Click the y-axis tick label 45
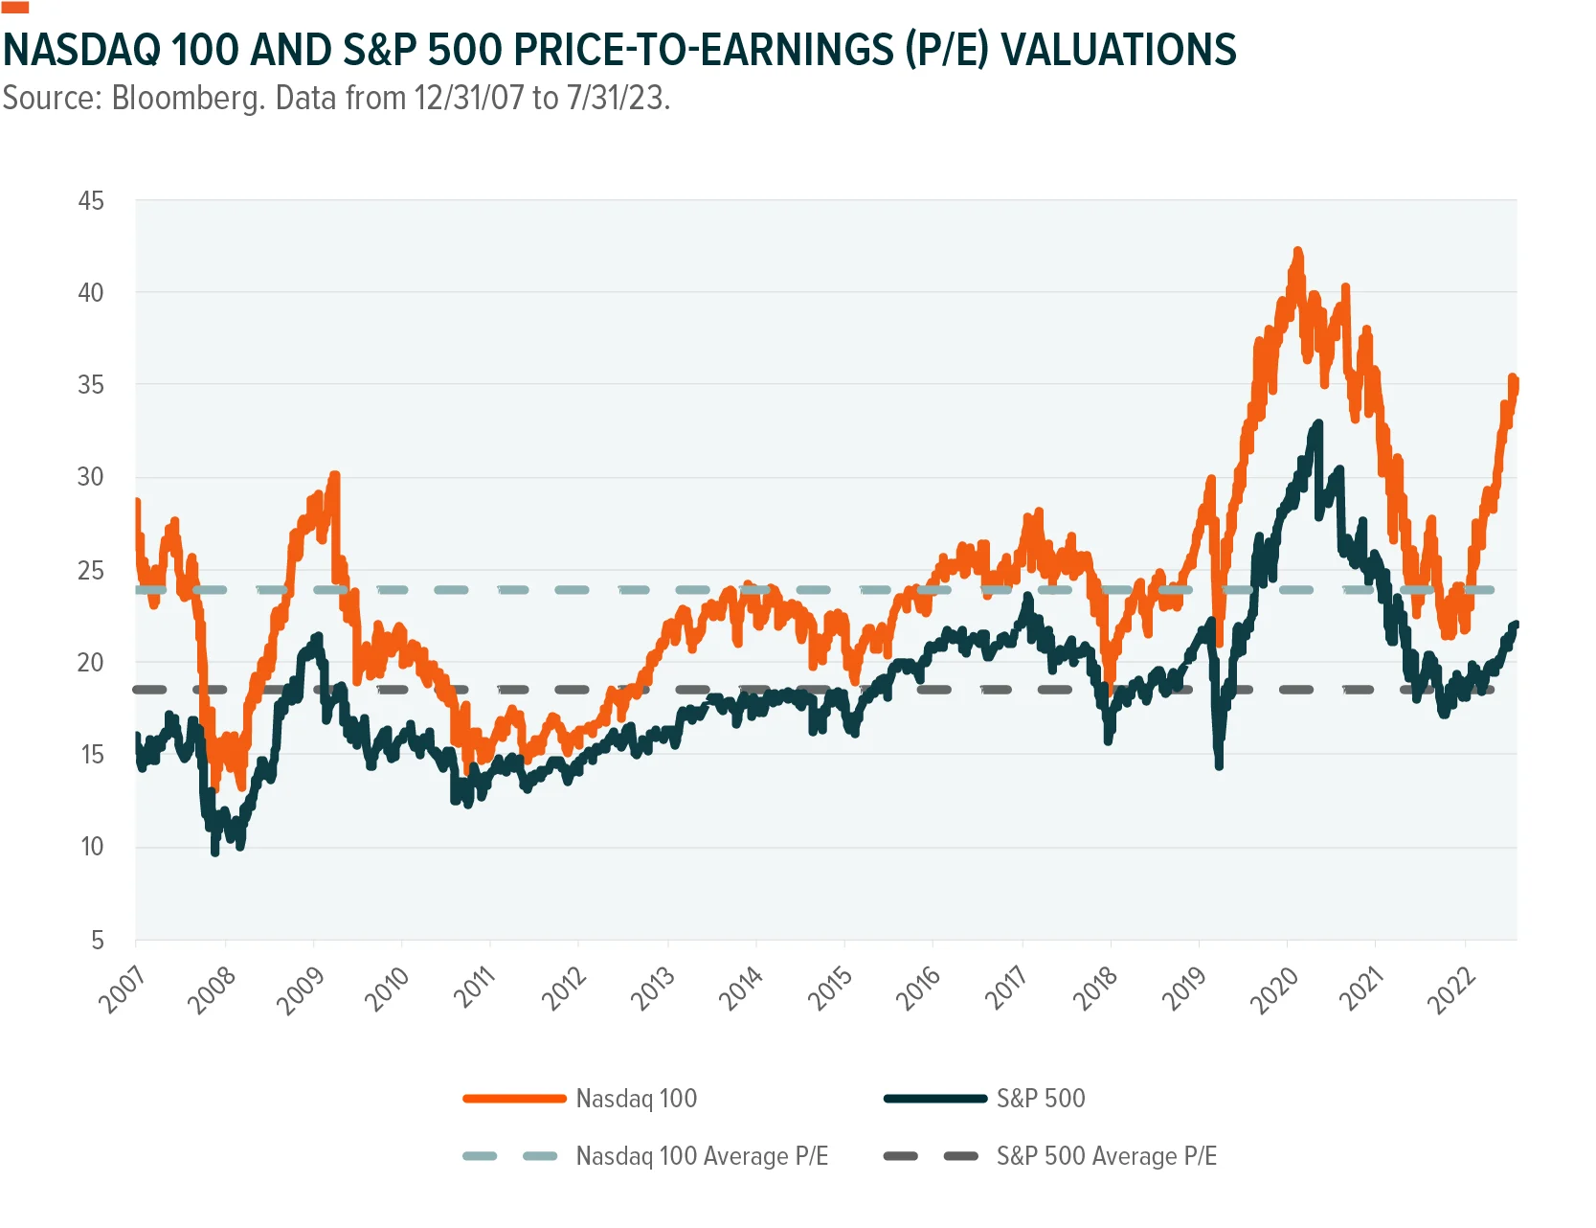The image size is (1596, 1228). pyautogui.click(x=91, y=201)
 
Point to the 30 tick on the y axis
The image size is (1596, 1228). pyautogui.click(x=91, y=477)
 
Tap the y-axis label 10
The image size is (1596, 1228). pyautogui.click(x=92, y=847)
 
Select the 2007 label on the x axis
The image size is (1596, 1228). pyautogui.click(x=122, y=989)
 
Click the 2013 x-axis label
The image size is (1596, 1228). pyautogui.click(x=653, y=989)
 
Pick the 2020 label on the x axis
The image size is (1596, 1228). pyautogui.click(x=1274, y=989)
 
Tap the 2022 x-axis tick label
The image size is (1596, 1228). pyautogui.click(x=1451, y=989)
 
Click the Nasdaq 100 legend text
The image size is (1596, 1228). pyautogui.click(x=637, y=1099)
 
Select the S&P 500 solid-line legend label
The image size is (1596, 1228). pyautogui.click(x=1041, y=1099)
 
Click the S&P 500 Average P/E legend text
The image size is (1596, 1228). pyautogui.click(x=1107, y=1156)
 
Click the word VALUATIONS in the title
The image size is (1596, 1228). pyautogui.click(x=1119, y=50)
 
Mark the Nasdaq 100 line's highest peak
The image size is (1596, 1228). pyautogui.click(x=1298, y=250)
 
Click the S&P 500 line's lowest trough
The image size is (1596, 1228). pyautogui.click(x=215, y=852)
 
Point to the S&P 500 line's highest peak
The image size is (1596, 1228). pyautogui.click(x=1318, y=422)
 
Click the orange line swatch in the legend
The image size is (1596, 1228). pyautogui.click(x=514, y=1099)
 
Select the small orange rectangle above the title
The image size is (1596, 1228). pyautogui.click(x=15, y=7)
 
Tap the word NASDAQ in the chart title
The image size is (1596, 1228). pyautogui.click(x=80, y=50)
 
